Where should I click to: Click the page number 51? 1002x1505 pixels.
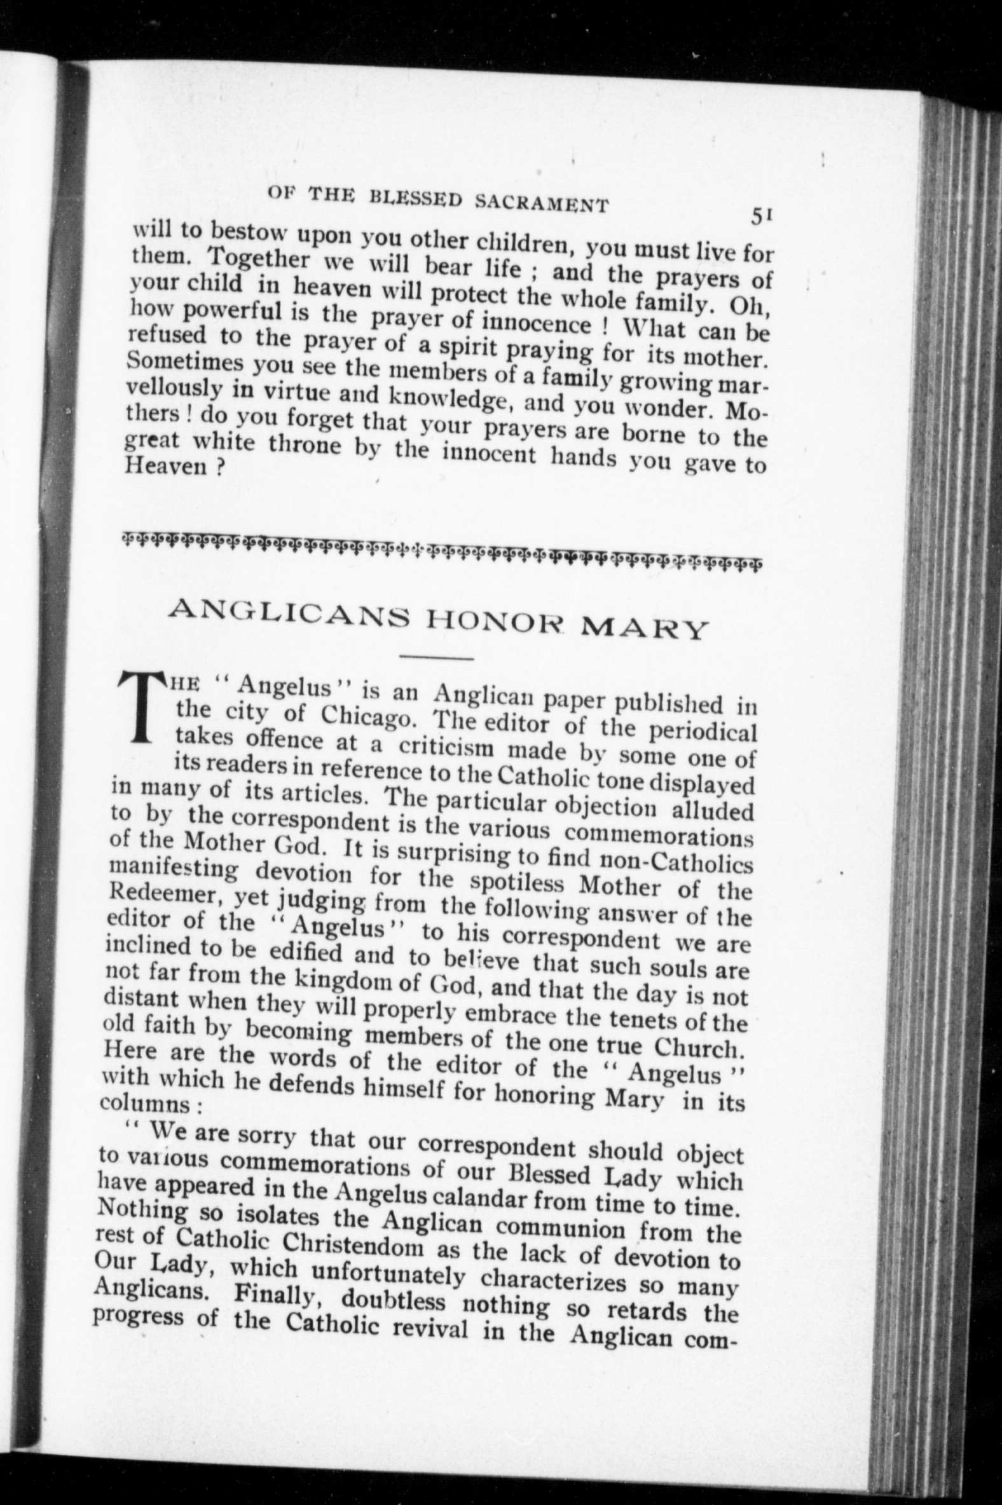763,217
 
